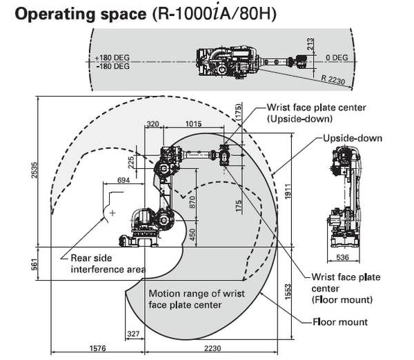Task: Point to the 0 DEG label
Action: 337,57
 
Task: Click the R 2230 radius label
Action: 333,79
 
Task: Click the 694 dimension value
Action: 124,179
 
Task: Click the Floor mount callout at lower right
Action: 340,322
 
